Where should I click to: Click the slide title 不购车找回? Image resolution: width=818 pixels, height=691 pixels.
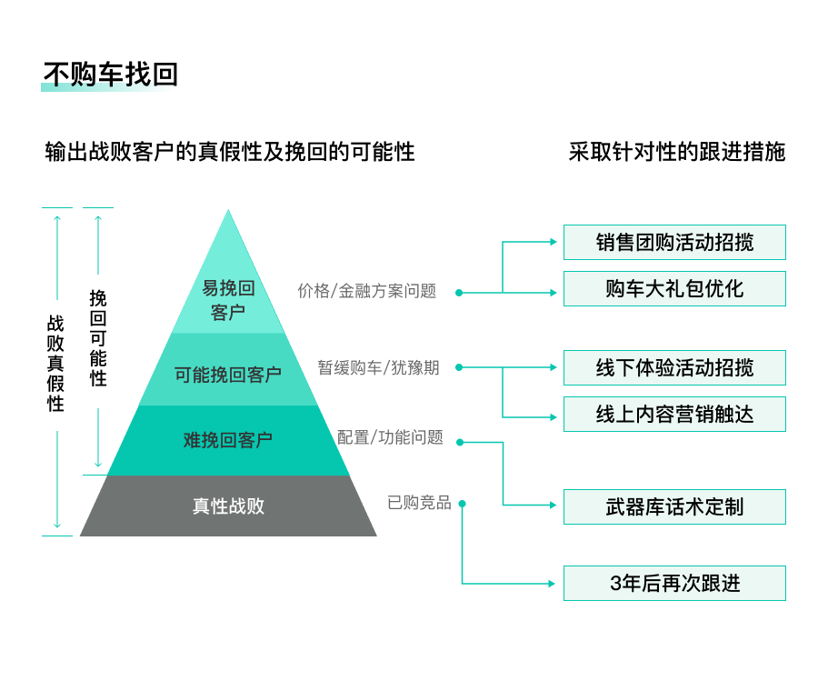click(x=110, y=75)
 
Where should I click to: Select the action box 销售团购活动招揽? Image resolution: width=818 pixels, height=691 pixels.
click(x=674, y=243)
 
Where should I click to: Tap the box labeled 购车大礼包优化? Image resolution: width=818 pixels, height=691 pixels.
click(x=674, y=289)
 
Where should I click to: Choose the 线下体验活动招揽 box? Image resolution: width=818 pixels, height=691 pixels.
click(x=674, y=368)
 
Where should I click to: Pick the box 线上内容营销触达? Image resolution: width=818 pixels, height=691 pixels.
click(x=674, y=415)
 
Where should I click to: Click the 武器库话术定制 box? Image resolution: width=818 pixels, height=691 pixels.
click(x=674, y=507)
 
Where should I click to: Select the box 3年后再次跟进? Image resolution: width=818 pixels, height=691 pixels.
click(x=674, y=584)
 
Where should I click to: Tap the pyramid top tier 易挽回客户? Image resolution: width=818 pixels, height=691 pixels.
click(x=228, y=300)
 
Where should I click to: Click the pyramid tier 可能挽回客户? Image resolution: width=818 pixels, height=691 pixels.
click(x=228, y=374)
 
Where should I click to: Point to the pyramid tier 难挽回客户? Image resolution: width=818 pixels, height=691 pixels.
click(x=228, y=440)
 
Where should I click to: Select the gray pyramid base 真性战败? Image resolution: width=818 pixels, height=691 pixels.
click(x=228, y=506)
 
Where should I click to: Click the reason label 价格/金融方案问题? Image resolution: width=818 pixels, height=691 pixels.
click(x=367, y=291)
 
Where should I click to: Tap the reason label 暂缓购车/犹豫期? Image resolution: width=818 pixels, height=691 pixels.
click(x=378, y=367)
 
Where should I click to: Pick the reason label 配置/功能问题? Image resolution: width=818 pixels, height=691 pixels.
click(x=390, y=437)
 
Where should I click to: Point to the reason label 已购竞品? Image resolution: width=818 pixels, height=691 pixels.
click(x=419, y=503)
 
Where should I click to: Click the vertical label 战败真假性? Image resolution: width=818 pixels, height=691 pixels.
click(x=56, y=364)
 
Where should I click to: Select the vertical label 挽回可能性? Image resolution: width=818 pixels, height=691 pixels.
click(x=98, y=338)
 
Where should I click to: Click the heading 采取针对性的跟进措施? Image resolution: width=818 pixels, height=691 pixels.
click(x=677, y=152)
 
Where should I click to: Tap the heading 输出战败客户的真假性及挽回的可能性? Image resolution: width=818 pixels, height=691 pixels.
click(x=230, y=152)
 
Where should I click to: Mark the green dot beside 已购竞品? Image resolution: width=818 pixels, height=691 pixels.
click(x=463, y=504)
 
